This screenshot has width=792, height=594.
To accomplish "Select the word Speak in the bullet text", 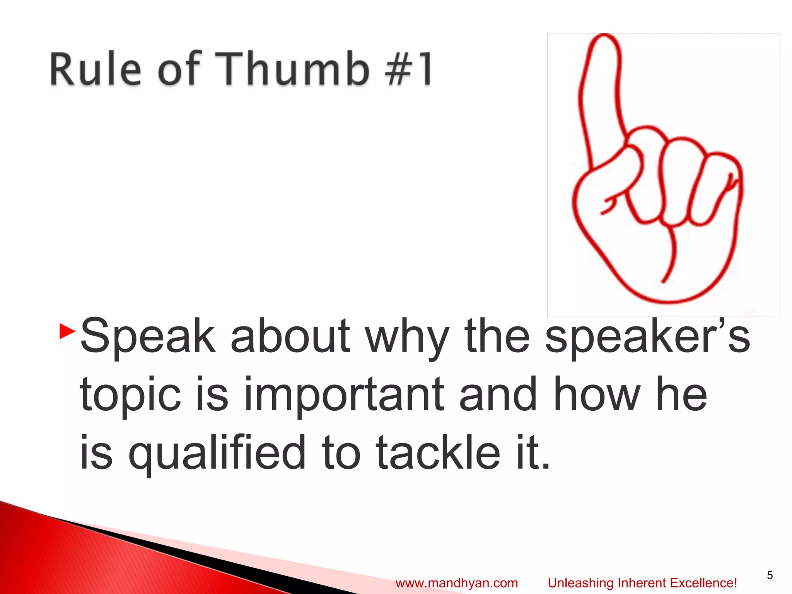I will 147,336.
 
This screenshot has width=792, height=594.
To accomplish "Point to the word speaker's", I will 647,336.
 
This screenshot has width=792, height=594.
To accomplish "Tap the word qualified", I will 217,452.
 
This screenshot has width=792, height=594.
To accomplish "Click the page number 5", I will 770,575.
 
